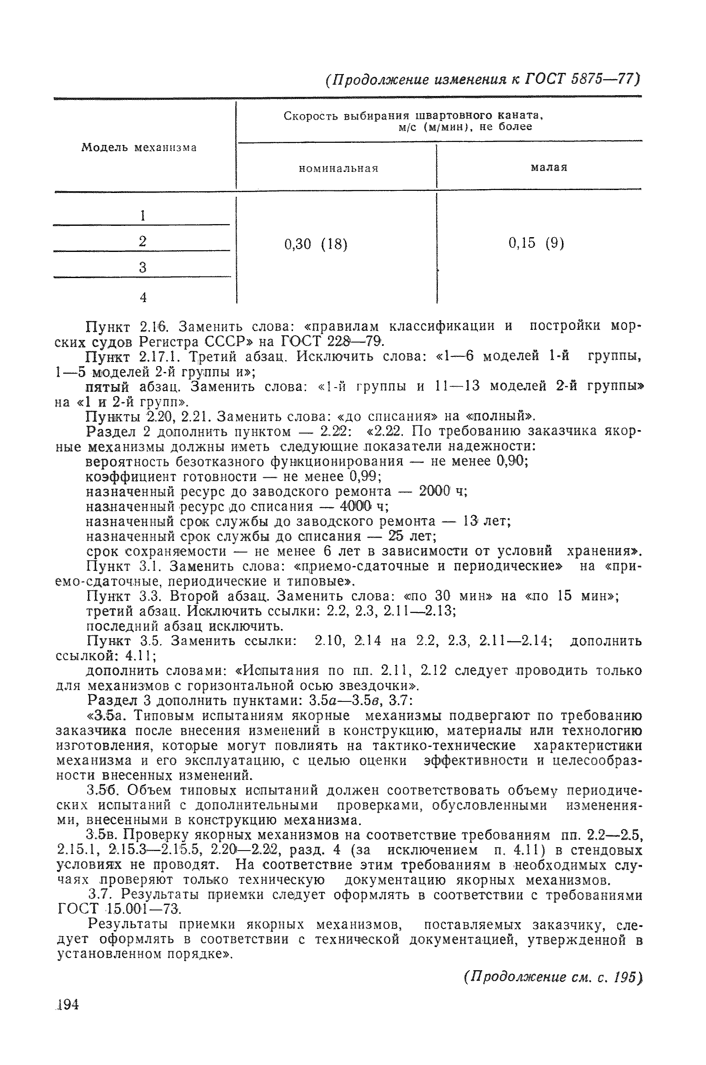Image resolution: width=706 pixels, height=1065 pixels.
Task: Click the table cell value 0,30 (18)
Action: [316, 244]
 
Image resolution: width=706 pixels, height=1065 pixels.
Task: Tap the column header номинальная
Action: [338, 169]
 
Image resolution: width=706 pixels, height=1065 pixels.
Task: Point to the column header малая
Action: [549, 168]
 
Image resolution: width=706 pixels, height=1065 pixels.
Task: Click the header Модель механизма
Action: [139, 148]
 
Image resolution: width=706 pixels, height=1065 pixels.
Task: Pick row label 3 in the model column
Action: [143, 268]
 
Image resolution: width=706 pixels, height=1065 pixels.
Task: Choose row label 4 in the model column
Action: [143, 297]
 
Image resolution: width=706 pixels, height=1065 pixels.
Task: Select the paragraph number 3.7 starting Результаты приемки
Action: [98, 894]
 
